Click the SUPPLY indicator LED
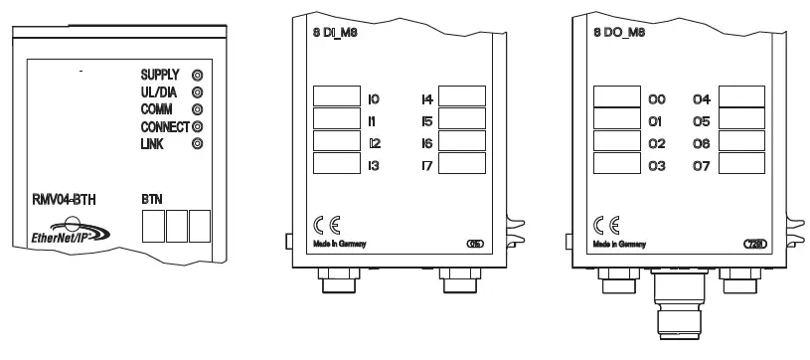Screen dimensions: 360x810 point(196,75)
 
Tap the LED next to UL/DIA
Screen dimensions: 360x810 point(196,91)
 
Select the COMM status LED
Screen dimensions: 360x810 point(196,109)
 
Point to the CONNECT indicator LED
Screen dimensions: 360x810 point(196,126)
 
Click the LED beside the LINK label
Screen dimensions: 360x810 point(196,144)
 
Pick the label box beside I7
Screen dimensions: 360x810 point(461,164)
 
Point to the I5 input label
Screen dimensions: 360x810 point(427,121)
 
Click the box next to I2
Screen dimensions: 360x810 point(337,142)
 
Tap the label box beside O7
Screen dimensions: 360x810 point(741,164)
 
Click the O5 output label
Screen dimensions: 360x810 point(702,121)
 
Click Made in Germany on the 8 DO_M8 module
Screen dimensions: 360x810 point(617,243)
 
